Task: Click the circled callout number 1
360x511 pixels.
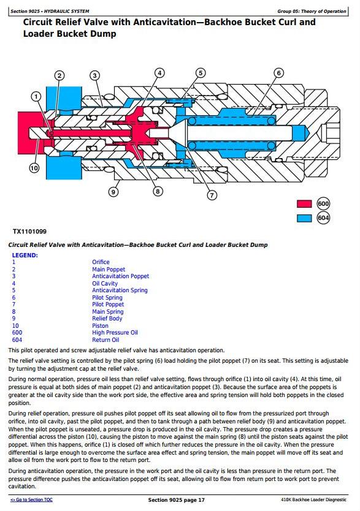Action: [36, 96]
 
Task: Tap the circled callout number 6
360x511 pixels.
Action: [278, 73]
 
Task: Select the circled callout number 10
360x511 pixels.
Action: [34, 168]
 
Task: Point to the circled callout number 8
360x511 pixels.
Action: [158, 191]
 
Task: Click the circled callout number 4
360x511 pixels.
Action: [159, 73]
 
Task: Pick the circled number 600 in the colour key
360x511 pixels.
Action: [323, 204]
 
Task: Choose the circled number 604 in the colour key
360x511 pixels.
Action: [323, 218]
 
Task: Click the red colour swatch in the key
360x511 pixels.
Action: [304, 204]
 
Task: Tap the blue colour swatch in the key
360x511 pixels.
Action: [304, 218]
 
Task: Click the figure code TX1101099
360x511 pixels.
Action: [29, 232]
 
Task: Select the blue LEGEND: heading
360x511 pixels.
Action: [25, 255]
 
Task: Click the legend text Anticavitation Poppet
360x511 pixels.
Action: [120, 276]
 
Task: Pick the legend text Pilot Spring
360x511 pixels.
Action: [107, 298]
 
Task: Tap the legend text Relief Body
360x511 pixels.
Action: [107, 319]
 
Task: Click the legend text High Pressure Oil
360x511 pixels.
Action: [115, 333]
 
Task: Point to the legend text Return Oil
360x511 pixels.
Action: [105, 340]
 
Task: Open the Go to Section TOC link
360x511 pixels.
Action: [31, 499]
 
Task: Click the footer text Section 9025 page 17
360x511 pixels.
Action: [177, 500]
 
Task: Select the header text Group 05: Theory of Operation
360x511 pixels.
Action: [312, 12]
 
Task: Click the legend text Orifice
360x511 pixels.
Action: [101, 262]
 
